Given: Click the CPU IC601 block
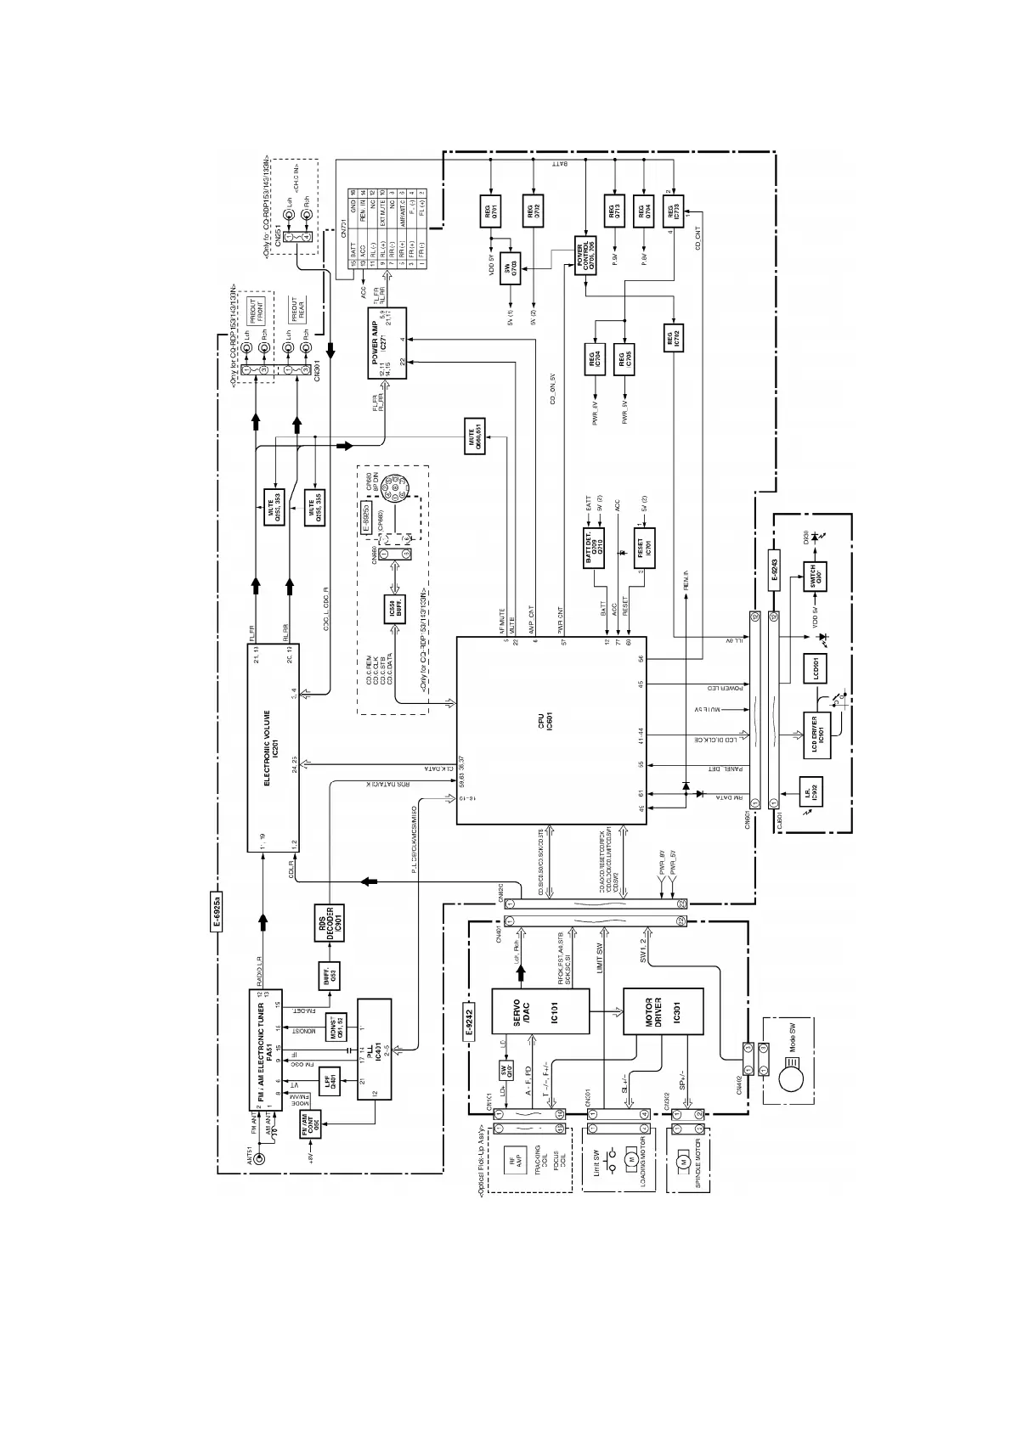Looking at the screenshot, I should coord(551,729).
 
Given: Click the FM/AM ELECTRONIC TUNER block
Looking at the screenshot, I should coord(266,1049).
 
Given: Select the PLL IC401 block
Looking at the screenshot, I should coord(374,1049).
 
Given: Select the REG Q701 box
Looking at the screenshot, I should coord(490,210).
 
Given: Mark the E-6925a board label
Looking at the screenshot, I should coord(218,913).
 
